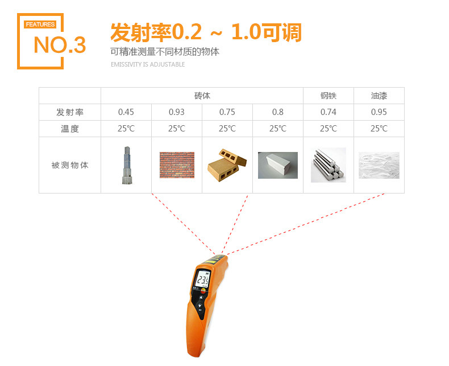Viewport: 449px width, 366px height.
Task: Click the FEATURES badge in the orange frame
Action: [x=40, y=24]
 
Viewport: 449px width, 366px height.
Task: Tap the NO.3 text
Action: [x=60, y=45]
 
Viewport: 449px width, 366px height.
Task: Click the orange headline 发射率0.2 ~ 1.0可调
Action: [x=206, y=32]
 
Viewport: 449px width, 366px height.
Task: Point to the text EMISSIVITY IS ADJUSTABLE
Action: [x=148, y=64]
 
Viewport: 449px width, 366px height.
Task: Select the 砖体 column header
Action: [x=202, y=96]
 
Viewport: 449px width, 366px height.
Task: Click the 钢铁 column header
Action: [x=329, y=96]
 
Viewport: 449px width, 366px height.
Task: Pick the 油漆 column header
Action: [x=379, y=96]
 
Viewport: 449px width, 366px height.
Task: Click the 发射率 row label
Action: [x=70, y=112]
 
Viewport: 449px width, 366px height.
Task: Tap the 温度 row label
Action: [x=70, y=129]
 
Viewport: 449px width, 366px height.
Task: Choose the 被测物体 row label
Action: [x=70, y=165]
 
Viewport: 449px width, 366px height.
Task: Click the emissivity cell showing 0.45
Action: [x=126, y=112]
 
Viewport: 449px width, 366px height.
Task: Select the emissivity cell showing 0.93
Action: [x=177, y=112]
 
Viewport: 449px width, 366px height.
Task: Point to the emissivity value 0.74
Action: [x=329, y=112]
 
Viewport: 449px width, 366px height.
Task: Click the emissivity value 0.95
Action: [x=379, y=112]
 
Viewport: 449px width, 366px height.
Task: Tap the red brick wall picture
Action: [x=177, y=165]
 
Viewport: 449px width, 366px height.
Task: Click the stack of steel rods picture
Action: [x=329, y=165]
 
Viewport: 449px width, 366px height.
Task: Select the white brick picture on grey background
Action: [x=278, y=165]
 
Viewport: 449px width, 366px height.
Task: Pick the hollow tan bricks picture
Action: [x=227, y=165]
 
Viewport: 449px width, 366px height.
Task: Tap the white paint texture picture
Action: [x=379, y=165]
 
